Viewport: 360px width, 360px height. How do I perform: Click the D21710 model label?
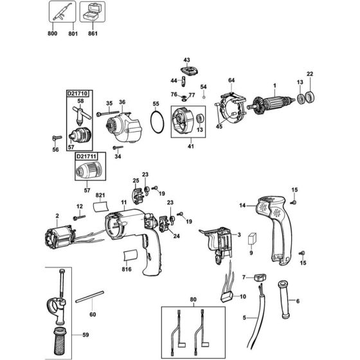77,93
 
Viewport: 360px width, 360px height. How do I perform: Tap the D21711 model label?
86,156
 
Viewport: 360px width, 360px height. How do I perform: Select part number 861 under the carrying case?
93,33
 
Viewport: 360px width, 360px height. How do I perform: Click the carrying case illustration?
93,12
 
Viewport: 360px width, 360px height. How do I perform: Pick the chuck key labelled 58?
81,115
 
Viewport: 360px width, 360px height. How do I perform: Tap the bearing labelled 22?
310,98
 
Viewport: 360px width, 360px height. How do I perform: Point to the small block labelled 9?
252,239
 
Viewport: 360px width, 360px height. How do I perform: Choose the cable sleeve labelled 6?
284,299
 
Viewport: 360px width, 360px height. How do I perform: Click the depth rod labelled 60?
90,297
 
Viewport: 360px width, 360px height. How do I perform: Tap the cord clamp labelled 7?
260,278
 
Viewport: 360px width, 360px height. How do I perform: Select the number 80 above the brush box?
194,300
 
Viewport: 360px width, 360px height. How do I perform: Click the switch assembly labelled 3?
217,244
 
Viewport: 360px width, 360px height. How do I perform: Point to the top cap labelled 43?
189,71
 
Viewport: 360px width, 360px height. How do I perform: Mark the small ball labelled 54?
203,97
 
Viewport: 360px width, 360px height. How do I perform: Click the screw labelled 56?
57,138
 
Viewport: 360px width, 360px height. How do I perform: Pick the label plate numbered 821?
101,206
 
